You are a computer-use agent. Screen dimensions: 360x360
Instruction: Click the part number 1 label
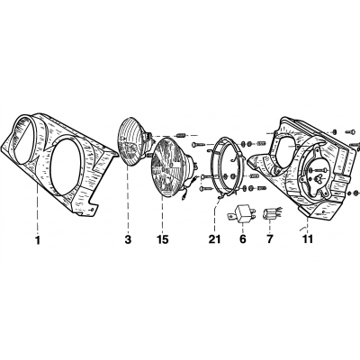pyautogui.click(x=38, y=240)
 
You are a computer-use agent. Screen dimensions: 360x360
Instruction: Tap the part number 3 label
pyautogui.click(x=128, y=240)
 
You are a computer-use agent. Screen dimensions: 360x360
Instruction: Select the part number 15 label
pyautogui.click(x=162, y=240)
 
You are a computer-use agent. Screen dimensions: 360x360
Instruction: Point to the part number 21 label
pyautogui.click(x=215, y=239)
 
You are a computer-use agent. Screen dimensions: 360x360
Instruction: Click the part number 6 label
pyautogui.click(x=243, y=239)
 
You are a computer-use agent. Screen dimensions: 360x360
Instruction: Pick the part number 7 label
pyautogui.click(x=269, y=239)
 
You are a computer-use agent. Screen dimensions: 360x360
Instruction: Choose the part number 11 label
pyautogui.click(x=308, y=239)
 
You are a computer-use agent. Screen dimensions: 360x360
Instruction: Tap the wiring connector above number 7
pyautogui.click(x=271, y=214)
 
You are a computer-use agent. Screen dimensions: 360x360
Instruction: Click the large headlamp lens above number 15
pyautogui.click(x=173, y=168)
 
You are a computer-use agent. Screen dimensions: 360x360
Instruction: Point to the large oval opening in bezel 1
pyautogui.click(x=66, y=166)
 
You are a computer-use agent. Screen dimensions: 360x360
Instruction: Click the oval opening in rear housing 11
pyautogui.click(x=283, y=148)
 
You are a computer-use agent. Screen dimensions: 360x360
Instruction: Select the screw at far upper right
pyautogui.click(x=350, y=131)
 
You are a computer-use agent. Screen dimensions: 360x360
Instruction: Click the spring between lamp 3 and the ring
pyautogui.click(x=181, y=136)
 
